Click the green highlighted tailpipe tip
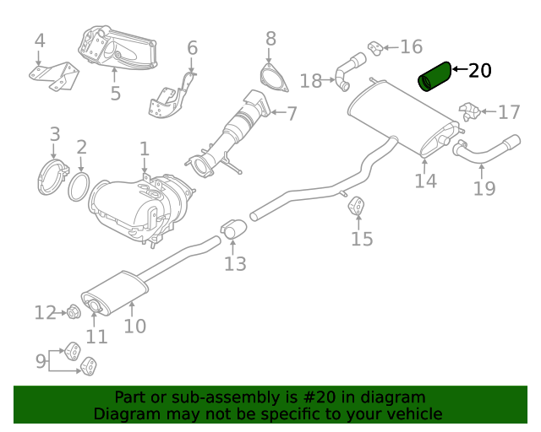pyautogui.click(x=437, y=75)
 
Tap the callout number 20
pyautogui.click(x=479, y=71)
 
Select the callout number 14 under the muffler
pyautogui.click(x=426, y=180)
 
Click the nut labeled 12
pyautogui.click(x=72, y=314)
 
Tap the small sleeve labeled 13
pyautogui.click(x=233, y=228)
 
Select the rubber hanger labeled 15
pyautogui.click(x=358, y=206)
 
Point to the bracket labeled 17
pyautogui.click(x=470, y=111)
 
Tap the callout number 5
pyautogui.click(x=116, y=94)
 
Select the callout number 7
pyautogui.click(x=292, y=112)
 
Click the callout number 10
pyautogui.click(x=135, y=326)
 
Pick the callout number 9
pyautogui.click(x=40, y=361)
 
